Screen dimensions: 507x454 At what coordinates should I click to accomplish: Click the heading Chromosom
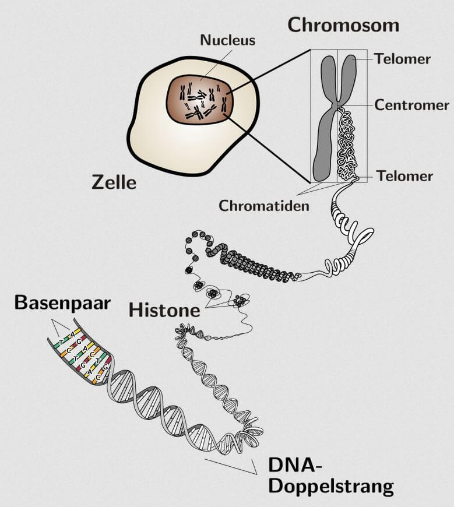[x=343, y=24]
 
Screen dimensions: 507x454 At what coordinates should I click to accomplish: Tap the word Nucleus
[x=227, y=40]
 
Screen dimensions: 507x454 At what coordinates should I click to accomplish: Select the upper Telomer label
[x=402, y=59]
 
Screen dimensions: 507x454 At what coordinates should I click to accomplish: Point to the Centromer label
[x=411, y=105]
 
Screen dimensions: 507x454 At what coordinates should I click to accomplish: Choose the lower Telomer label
[x=404, y=176]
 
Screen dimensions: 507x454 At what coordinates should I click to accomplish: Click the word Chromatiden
[x=264, y=206]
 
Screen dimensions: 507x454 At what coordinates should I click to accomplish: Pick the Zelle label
[x=114, y=182]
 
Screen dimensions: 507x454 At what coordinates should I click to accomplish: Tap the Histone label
[x=164, y=309]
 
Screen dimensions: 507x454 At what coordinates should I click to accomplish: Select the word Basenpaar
[x=62, y=302]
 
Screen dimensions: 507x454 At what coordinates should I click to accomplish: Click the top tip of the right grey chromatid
[x=349, y=58]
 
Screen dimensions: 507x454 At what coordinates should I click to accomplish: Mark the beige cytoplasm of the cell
[x=154, y=140]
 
